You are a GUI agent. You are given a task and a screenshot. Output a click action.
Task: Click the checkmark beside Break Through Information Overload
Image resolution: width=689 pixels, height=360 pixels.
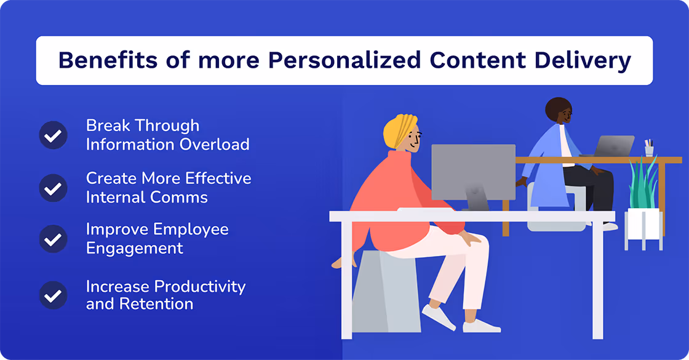pos(53,135)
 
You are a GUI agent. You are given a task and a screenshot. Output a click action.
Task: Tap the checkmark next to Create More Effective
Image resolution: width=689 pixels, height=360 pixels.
pos(53,188)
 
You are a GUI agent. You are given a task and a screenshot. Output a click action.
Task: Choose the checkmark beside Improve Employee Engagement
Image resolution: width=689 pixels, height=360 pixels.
pos(53,239)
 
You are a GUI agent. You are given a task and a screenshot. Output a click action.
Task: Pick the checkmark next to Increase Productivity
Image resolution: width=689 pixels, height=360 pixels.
pos(53,295)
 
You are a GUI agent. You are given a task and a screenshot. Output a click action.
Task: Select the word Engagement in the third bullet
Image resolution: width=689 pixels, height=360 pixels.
pos(135,248)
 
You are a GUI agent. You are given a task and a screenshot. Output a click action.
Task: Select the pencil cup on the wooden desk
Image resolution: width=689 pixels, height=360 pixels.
pos(649,148)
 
